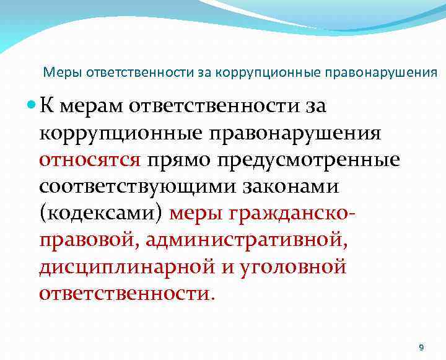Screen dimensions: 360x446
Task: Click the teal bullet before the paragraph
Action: pyautogui.click(x=31, y=107)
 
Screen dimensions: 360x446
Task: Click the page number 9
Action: pyautogui.click(x=421, y=347)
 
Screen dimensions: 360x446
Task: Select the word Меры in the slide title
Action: pyautogui.click(x=59, y=72)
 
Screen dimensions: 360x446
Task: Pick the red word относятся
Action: pyautogui.click(x=90, y=160)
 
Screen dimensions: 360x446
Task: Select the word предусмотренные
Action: pyautogui.click(x=307, y=160)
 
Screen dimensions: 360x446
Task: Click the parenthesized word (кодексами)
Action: pyautogui.click(x=102, y=213)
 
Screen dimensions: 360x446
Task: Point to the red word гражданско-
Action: pyautogui.click(x=294, y=213)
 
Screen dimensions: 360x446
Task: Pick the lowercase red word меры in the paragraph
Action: pyautogui.click(x=196, y=213)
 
